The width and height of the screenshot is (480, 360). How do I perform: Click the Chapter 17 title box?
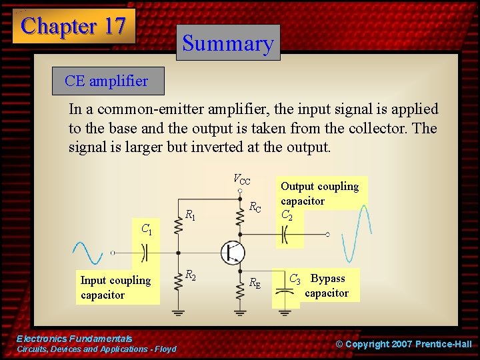73,26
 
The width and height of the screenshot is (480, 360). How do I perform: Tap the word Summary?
228,43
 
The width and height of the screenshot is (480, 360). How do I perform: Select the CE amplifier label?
106,81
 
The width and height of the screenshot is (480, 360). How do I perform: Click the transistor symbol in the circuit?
233,252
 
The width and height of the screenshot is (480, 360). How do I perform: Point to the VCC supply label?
241,179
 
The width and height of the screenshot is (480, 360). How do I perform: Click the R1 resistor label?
190,215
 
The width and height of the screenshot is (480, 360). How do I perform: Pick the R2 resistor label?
190,275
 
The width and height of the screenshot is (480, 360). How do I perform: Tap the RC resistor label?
255,207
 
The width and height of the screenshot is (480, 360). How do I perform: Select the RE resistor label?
255,283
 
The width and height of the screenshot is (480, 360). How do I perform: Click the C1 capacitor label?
147,230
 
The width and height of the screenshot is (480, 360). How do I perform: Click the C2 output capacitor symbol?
285,235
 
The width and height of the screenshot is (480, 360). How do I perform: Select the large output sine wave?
353,234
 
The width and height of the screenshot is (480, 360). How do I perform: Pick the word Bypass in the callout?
328,279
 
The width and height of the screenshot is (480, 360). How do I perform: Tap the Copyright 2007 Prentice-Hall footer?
403,344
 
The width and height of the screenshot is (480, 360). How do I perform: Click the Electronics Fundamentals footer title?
74,339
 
